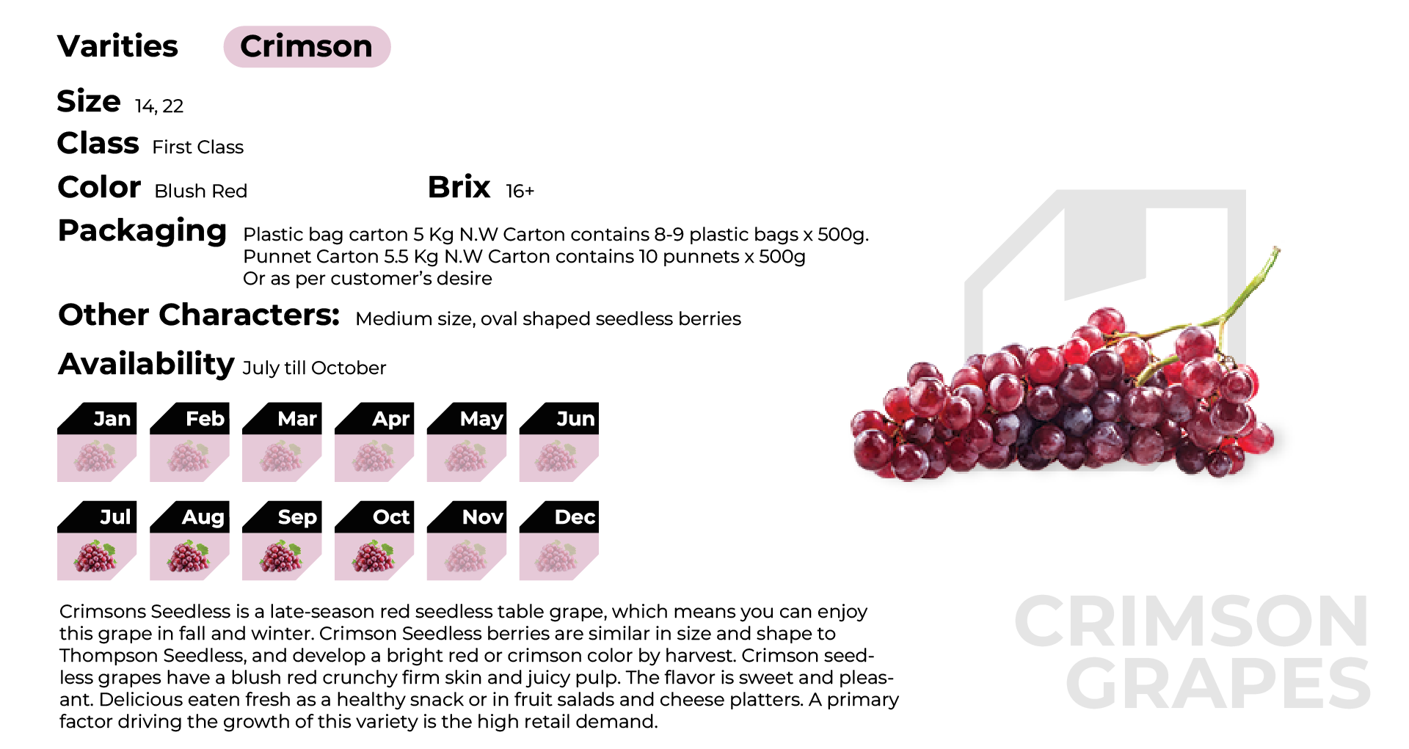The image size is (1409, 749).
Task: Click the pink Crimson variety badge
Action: (x=307, y=46)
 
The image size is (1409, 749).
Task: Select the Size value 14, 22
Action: (x=159, y=106)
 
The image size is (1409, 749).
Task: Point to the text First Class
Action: (x=198, y=147)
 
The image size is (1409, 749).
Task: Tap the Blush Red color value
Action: (x=201, y=191)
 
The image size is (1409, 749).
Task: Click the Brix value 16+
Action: (x=520, y=191)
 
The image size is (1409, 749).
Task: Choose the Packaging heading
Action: (x=142, y=232)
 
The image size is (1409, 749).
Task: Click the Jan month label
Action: (x=112, y=418)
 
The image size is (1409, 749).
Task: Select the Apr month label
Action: (x=390, y=419)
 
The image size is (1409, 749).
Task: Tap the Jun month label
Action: (x=575, y=418)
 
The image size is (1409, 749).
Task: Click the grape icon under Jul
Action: (x=95, y=556)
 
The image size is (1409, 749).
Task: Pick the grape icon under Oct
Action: (x=373, y=556)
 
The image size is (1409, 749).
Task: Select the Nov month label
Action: (x=483, y=517)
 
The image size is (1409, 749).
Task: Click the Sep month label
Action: (x=297, y=517)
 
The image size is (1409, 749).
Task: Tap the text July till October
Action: (x=314, y=368)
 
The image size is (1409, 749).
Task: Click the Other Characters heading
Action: (x=199, y=315)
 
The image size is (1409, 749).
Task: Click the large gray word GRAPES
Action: (x=1218, y=684)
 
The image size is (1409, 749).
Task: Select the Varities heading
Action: (x=117, y=46)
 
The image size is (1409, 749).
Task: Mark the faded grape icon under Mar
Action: (x=280, y=457)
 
